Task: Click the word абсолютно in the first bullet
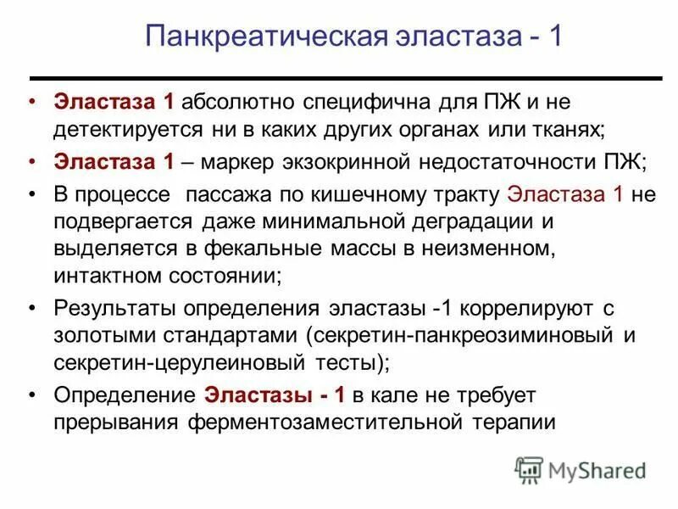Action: coord(236,103)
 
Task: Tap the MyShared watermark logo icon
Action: coord(530,469)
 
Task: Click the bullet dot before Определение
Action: coord(32,394)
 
